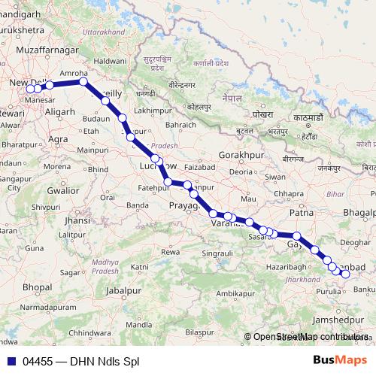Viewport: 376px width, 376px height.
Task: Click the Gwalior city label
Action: pyautogui.click(x=62, y=191)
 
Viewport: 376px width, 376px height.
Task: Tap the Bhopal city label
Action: pyautogui.click(x=37, y=287)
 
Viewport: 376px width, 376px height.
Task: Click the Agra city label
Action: pyautogui.click(x=58, y=139)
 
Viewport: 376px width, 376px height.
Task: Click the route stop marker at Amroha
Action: pyautogui.click(x=83, y=82)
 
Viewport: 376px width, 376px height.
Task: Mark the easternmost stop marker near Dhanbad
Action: pyautogui.click(x=346, y=274)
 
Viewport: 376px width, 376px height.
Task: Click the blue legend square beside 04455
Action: pyautogui.click(x=11, y=362)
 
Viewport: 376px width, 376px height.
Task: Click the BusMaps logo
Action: pyautogui.click(x=341, y=361)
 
